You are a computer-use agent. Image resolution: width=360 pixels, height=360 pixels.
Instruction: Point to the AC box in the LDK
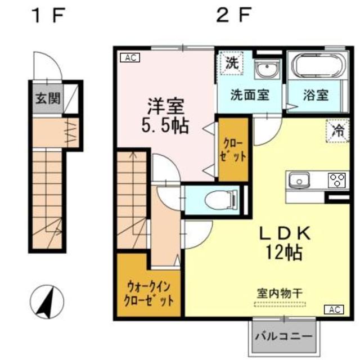pos(334,309)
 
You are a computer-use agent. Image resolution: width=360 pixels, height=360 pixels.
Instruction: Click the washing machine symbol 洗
pos(231,63)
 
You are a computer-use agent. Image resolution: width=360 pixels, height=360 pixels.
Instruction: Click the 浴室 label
pos(315,94)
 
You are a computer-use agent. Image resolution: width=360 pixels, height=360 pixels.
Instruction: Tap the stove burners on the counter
pos(336,180)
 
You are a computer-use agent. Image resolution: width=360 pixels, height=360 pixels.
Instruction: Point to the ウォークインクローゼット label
pos(150,291)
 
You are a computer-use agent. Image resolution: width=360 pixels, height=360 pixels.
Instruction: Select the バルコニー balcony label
pos(283,336)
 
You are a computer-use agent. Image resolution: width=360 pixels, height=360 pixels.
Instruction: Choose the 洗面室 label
pos(249,94)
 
